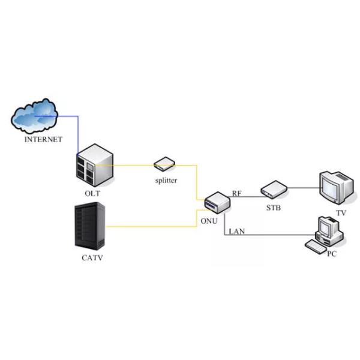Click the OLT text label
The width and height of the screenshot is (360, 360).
pos(92,193)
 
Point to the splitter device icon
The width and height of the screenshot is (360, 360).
pos(164,162)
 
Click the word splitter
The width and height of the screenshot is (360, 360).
pos(165,180)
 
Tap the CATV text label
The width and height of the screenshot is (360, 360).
pos(92,259)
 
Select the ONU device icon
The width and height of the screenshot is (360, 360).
pos(217,202)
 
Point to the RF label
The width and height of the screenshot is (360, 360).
pos(237,193)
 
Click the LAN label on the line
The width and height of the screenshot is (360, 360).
pos(237,231)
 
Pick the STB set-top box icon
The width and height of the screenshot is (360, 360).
pos(274,190)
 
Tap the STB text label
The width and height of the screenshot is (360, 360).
pos(274,208)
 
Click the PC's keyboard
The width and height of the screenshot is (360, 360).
pos(316,246)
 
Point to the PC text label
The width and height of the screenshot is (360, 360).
pos(332,254)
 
